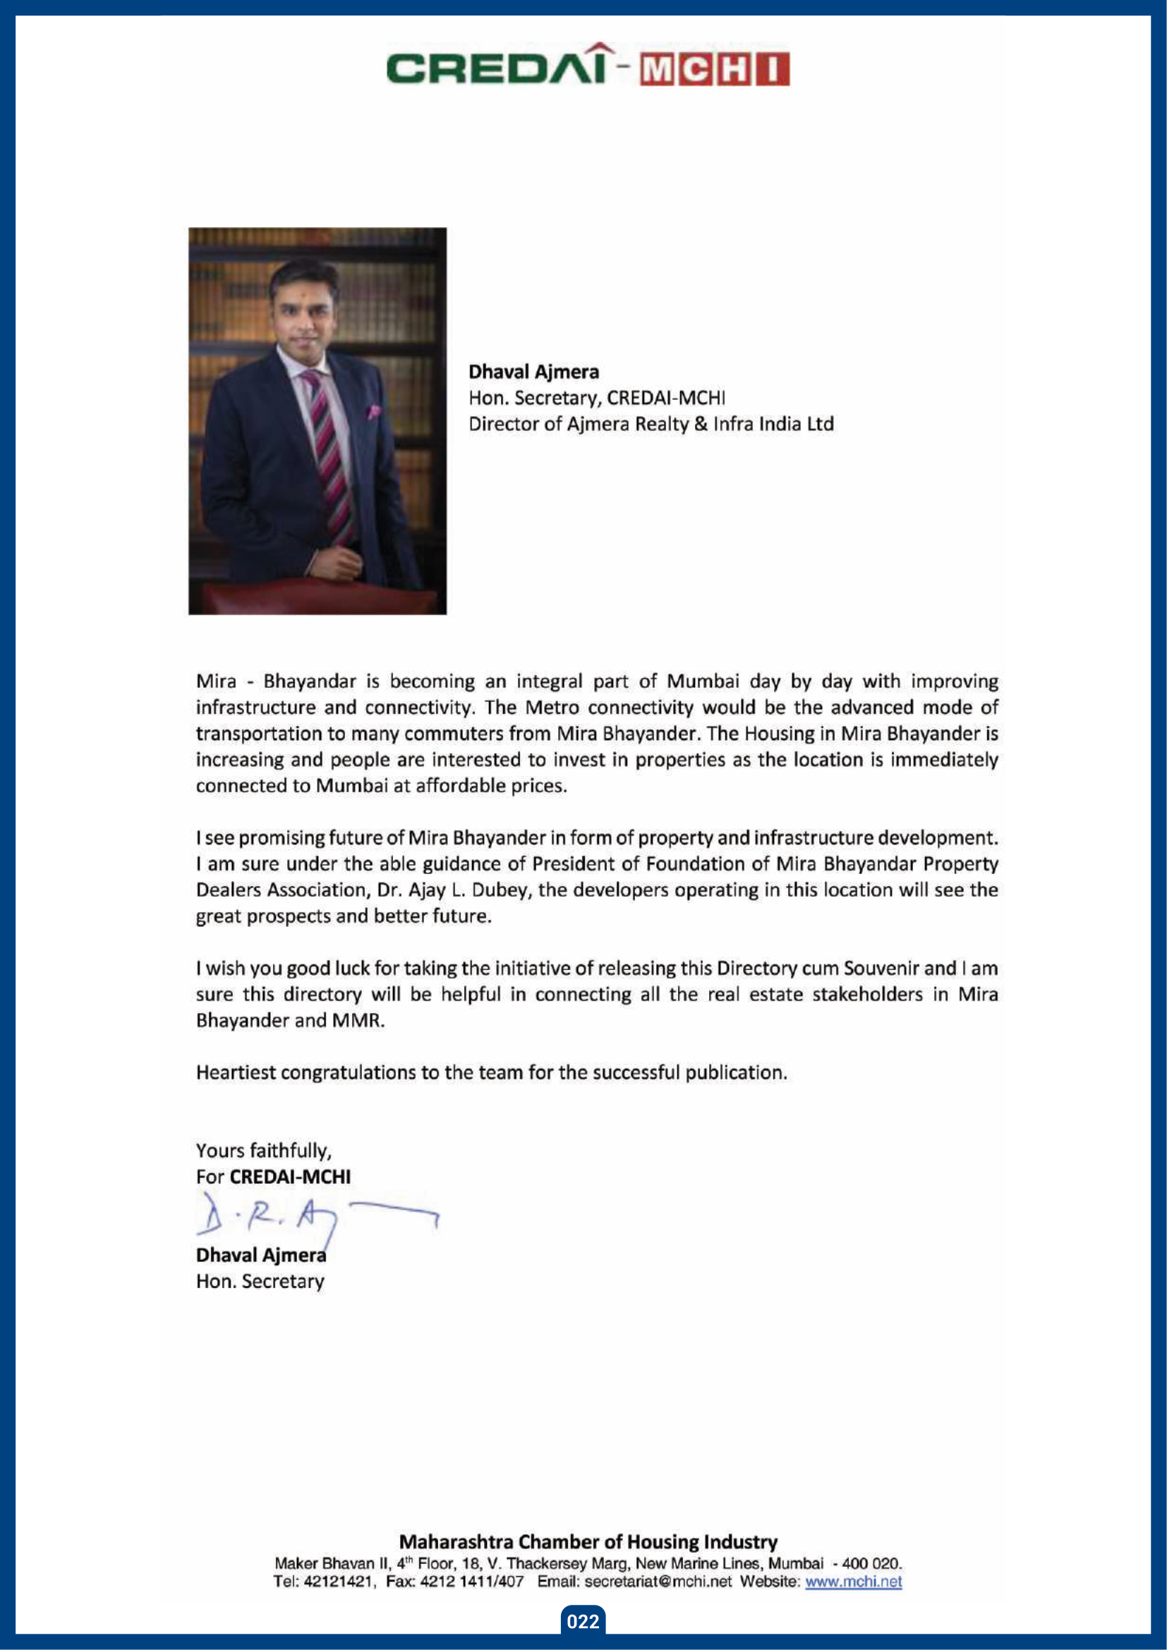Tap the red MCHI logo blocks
click(715, 69)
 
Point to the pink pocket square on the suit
click(373, 412)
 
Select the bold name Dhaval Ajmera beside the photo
click(533, 372)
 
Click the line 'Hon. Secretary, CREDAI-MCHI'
click(596, 398)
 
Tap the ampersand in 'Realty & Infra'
click(701, 424)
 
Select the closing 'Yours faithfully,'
click(264, 1151)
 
